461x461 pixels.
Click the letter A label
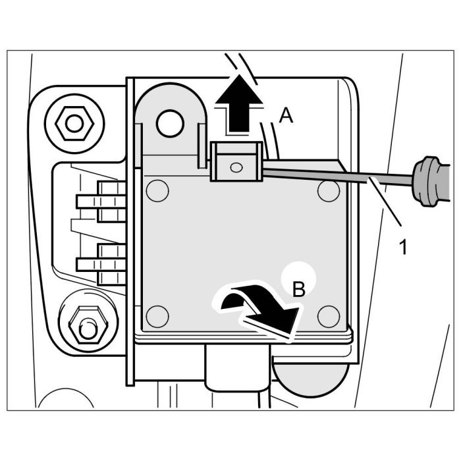(285, 116)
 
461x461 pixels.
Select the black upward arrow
(233, 103)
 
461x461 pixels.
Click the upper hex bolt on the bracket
(71, 122)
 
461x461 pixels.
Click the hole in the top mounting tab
(170, 121)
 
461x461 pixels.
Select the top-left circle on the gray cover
(157, 192)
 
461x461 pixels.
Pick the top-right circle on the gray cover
(328, 192)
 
